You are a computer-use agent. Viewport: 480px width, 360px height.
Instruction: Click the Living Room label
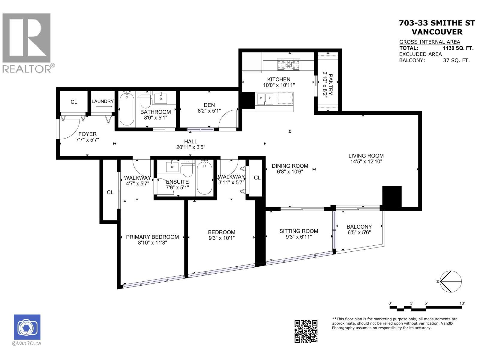tap(366, 156)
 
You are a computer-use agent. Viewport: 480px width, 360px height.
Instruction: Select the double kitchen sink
tap(265, 99)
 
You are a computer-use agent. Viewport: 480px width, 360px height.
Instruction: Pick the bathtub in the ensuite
tap(205, 177)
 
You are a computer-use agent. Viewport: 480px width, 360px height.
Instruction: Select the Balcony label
tap(359, 227)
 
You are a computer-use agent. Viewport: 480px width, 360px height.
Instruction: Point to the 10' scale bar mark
tap(462, 304)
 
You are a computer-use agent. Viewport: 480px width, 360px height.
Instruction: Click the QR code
tap(306, 331)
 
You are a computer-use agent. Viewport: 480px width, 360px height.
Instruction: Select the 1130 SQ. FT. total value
tap(458, 48)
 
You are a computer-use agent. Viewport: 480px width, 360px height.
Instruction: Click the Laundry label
tap(103, 101)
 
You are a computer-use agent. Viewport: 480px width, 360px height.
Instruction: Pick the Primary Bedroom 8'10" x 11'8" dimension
tap(152, 243)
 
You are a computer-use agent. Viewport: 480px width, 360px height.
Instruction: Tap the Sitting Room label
tap(298, 231)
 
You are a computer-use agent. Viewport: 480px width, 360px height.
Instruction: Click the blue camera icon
tap(27, 327)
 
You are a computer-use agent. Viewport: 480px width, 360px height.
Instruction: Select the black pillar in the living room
tap(392, 197)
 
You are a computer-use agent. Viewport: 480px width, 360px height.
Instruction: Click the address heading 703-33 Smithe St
tap(437, 23)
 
